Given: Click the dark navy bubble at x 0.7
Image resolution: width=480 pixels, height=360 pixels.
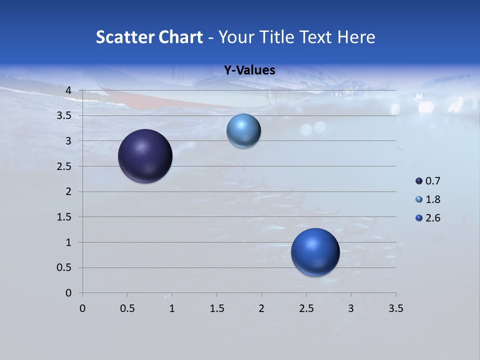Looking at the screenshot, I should [145, 156].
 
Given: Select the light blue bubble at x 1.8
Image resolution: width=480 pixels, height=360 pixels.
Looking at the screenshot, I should [243, 131].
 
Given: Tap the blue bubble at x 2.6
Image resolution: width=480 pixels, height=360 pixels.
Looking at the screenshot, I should [315, 252].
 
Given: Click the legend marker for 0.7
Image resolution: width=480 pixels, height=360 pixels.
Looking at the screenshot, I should [419, 181].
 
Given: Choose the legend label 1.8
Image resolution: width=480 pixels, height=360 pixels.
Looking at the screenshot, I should [432, 199].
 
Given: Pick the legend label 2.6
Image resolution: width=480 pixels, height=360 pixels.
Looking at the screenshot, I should [432, 218].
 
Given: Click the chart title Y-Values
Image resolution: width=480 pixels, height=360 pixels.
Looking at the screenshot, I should [249, 70].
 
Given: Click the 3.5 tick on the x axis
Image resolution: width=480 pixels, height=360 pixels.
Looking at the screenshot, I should [395, 308].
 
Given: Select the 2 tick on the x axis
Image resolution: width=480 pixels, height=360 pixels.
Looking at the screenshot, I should [261, 308].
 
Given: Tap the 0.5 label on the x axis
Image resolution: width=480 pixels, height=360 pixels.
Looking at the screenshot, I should [127, 308].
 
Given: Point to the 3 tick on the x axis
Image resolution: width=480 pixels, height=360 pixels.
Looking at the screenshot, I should [351, 308].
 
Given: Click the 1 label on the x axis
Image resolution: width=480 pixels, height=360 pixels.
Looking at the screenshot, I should [172, 308].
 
